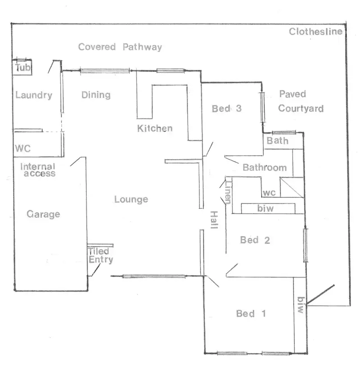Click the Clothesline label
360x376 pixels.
click(x=315, y=31)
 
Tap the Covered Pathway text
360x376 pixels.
click(x=120, y=47)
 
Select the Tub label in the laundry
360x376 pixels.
click(x=22, y=68)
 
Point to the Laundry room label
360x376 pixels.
click(x=34, y=95)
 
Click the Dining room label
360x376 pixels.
click(x=96, y=95)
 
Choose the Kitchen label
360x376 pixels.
click(x=155, y=128)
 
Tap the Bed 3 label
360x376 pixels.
click(x=227, y=108)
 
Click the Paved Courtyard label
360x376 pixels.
click(x=300, y=101)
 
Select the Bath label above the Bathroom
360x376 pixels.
click(x=278, y=141)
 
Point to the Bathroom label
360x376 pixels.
click(x=265, y=168)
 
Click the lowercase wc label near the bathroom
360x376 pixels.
click(x=269, y=193)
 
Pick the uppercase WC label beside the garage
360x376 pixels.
click(x=23, y=149)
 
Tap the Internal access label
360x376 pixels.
click(x=38, y=170)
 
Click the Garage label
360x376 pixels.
click(x=43, y=214)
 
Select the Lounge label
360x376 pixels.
click(x=131, y=199)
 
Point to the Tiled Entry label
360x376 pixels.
click(x=101, y=255)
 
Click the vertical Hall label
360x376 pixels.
click(x=214, y=220)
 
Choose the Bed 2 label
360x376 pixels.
click(x=255, y=240)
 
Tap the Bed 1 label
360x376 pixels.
click(x=251, y=313)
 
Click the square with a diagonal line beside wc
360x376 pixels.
click(x=292, y=187)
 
